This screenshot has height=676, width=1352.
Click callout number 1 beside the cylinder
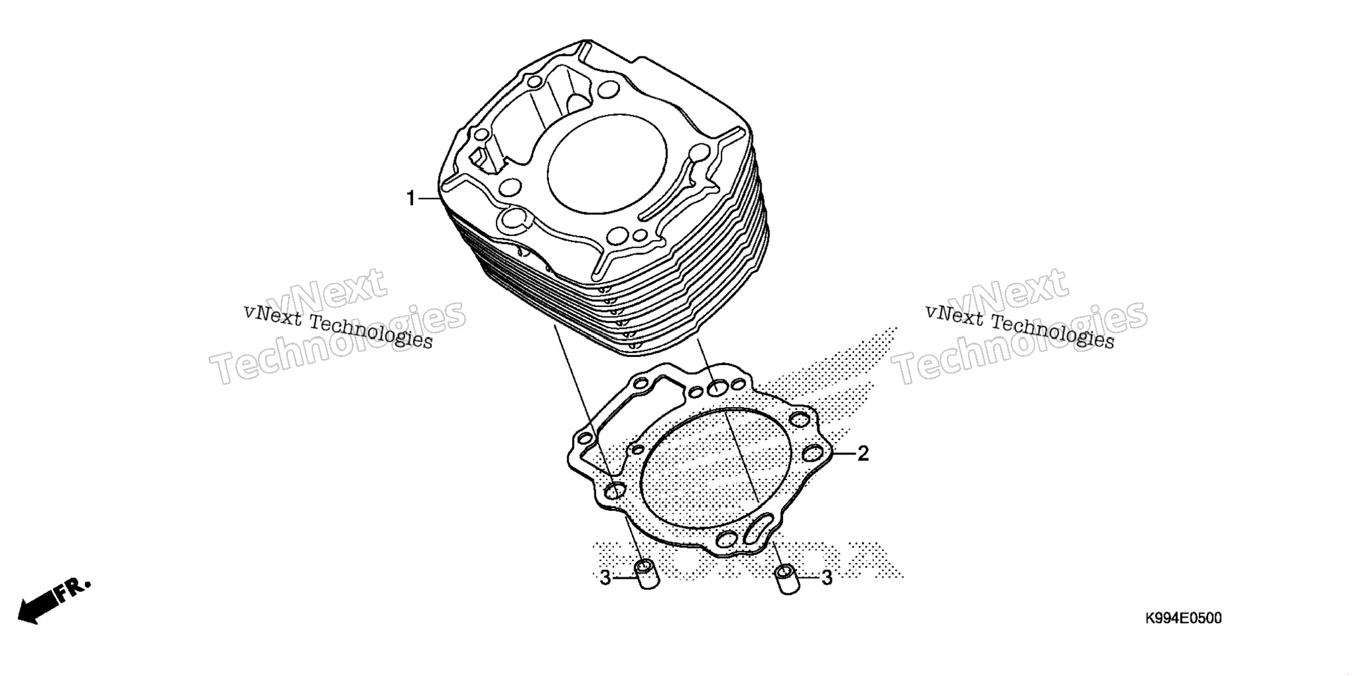[x=411, y=198]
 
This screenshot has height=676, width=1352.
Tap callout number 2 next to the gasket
[x=863, y=453]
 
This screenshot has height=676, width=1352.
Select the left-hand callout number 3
[x=606, y=578]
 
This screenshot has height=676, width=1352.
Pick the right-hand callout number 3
[x=827, y=578]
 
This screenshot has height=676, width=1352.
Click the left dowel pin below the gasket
[x=646, y=574]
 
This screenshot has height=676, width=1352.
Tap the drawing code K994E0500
[x=1183, y=619]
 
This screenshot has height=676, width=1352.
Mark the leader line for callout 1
[x=428, y=198]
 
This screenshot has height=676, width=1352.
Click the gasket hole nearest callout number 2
[x=814, y=452]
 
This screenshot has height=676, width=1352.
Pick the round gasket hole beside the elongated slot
[x=727, y=540]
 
